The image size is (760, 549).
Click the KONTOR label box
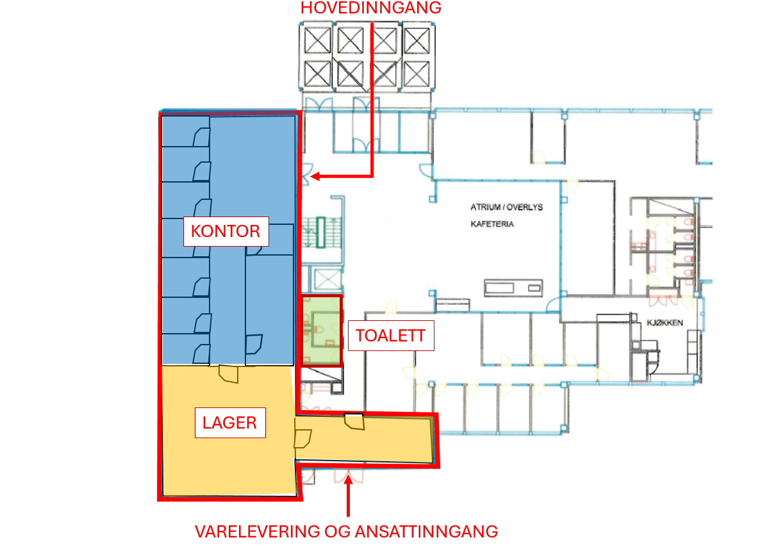[226, 231]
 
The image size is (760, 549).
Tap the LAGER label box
[229, 423]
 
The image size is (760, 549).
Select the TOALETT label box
[391, 336]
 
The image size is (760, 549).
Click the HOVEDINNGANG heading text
[372, 8]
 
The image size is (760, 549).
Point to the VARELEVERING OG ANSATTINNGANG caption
[347, 531]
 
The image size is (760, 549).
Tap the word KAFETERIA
[492, 225]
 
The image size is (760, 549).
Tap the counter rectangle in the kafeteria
[515, 288]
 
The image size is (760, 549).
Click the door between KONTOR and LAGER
[229, 373]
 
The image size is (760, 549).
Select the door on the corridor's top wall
[354, 422]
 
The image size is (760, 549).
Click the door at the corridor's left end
[302, 438]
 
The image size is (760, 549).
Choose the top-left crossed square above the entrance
[317, 41]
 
